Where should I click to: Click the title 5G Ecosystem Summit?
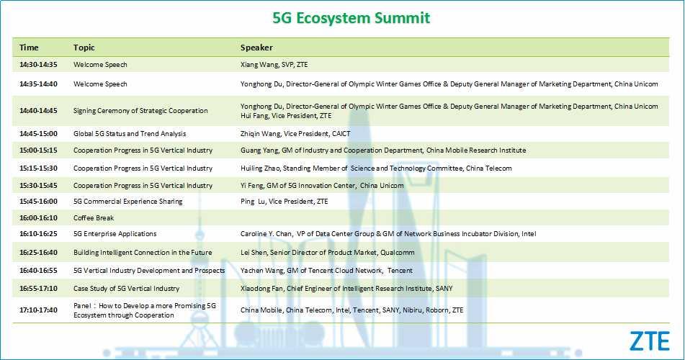pyautogui.click(x=352, y=18)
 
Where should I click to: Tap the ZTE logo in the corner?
pyautogui.click(x=649, y=341)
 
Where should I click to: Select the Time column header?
pyautogui.click(x=29, y=48)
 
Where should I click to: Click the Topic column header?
pyautogui.click(x=84, y=48)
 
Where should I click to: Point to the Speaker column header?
pyautogui.click(x=256, y=48)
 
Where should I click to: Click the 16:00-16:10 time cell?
pyautogui.click(x=38, y=217)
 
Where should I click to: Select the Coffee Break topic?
pyautogui.click(x=94, y=217)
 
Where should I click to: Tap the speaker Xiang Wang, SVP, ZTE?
pyautogui.click(x=274, y=65)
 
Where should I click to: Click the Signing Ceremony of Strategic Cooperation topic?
pyautogui.click(x=140, y=111)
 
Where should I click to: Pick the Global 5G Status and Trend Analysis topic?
pyautogui.click(x=130, y=134)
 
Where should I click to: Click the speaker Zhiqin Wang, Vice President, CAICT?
pyautogui.click(x=295, y=134)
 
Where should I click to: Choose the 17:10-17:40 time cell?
pyautogui.click(x=38, y=310)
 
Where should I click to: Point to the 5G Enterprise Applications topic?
pyautogui.click(x=115, y=234)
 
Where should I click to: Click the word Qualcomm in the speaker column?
pyautogui.click(x=398, y=253)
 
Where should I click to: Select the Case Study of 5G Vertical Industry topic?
pyautogui.click(x=126, y=288)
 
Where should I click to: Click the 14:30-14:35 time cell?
pyautogui.click(x=38, y=65)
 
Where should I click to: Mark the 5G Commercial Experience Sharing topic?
pyautogui.click(x=128, y=202)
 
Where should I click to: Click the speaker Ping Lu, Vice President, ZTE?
pyautogui.click(x=284, y=202)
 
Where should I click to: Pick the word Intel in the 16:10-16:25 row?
pyautogui.click(x=529, y=234)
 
